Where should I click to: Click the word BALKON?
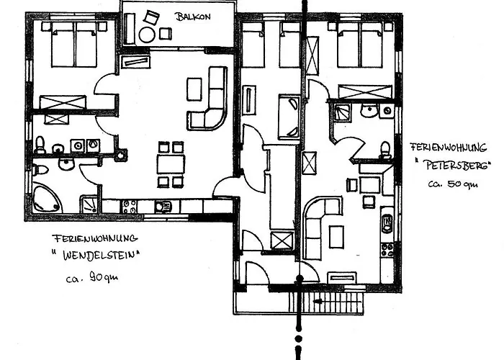[x=193, y=17]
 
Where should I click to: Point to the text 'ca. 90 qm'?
[x=91, y=277]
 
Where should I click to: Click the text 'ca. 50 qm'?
[x=453, y=184]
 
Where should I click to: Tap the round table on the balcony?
[x=147, y=35]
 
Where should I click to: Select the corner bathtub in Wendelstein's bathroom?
[x=47, y=198]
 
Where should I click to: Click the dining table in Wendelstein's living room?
[x=171, y=164]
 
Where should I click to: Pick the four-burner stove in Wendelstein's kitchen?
[x=129, y=206]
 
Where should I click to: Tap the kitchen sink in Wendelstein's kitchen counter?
[x=163, y=207]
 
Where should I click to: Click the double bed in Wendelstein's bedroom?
[x=75, y=45]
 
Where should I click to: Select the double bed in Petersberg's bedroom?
[x=360, y=45]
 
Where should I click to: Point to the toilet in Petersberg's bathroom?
[x=384, y=150]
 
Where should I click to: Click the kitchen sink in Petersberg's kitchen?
[x=387, y=222]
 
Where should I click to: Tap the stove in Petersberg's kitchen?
[x=387, y=250]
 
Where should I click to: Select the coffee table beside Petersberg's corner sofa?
[x=336, y=237]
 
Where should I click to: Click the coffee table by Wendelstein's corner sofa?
[x=194, y=89]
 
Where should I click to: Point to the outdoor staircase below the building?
[x=327, y=302]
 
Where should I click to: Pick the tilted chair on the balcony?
[x=151, y=17]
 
